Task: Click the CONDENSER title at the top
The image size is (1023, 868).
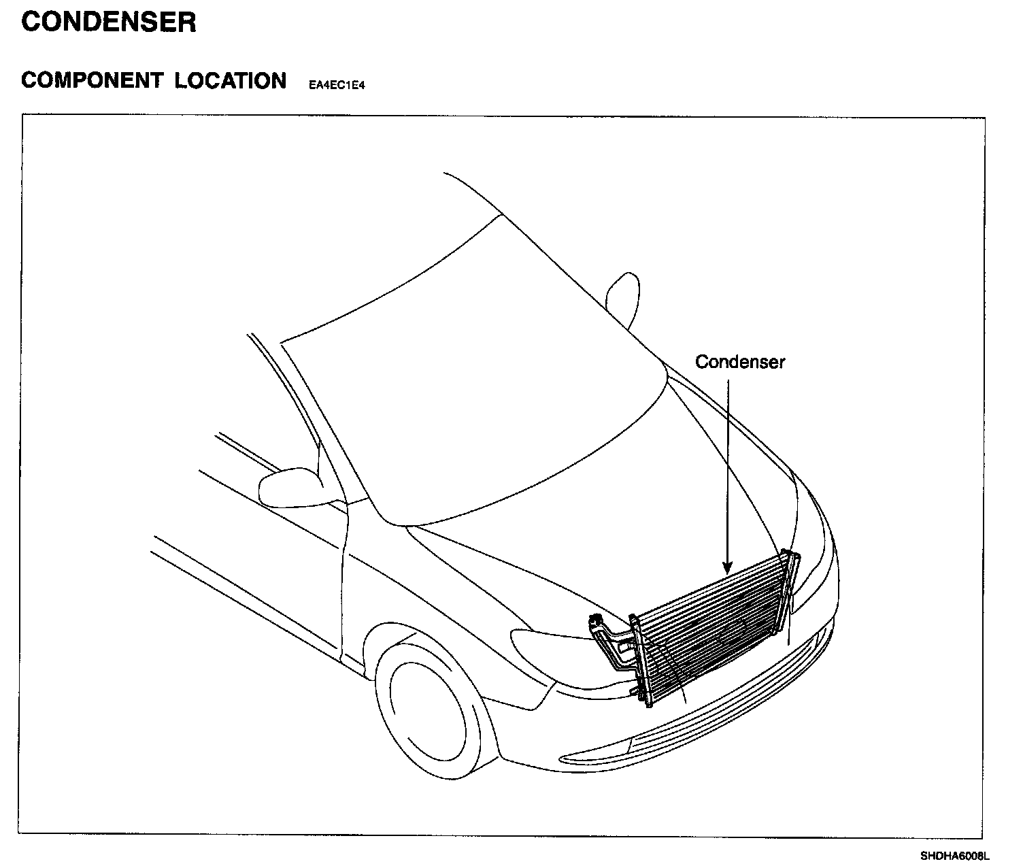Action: [x=109, y=22]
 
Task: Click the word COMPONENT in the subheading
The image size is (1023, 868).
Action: [x=91, y=81]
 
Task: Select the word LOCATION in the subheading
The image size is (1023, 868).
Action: [x=230, y=81]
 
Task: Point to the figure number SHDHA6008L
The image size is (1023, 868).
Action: [x=955, y=855]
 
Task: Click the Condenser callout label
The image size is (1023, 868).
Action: [x=739, y=362]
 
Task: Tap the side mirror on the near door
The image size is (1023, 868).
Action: [x=289, y=486]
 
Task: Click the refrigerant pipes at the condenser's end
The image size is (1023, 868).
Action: [x=612, y=643]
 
